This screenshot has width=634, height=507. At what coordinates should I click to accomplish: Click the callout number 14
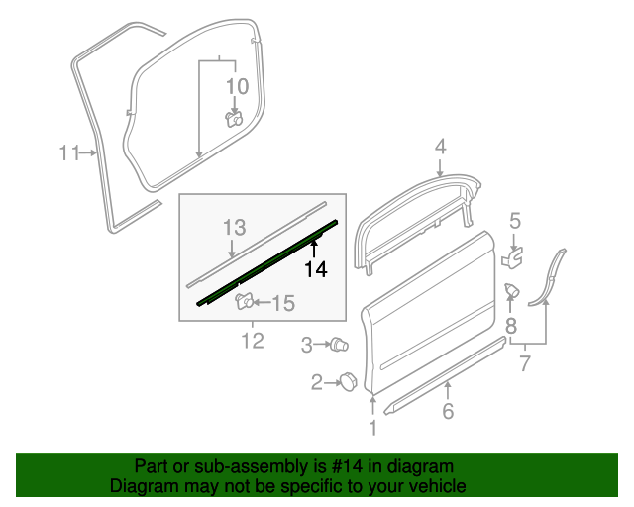[x=315, y=268]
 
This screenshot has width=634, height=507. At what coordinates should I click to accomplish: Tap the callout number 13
[x=233, y=227]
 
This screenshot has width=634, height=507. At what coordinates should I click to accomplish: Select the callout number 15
[x=283, y=304]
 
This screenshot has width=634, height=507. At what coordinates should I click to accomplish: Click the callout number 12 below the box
[x=253, y=341]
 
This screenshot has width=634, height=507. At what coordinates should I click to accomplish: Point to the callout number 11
[x=67, y=152]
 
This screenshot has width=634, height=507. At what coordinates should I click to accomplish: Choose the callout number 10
[x=237, y=86]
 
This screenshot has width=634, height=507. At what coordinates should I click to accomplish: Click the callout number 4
[x=440, y=147]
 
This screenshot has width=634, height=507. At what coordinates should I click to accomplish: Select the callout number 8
[x=511, y=323]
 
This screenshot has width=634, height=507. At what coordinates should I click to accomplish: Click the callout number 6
[x=448, y=410]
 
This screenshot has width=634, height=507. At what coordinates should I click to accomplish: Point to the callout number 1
[x=373, y=428]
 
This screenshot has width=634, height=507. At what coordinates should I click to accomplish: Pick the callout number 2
[x=318, y=382]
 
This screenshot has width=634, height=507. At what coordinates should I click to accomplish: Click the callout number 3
[x=307, y=345]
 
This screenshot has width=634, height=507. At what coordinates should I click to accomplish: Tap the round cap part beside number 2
[x=349, y=381]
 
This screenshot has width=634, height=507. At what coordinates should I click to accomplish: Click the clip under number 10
[x=235, y=120]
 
